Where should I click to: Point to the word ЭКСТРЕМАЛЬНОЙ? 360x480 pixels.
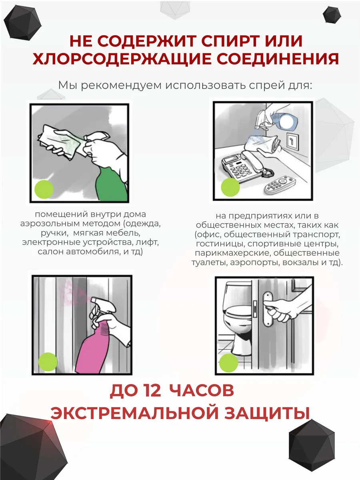pos(134,413)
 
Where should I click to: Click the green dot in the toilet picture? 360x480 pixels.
pos(229,363)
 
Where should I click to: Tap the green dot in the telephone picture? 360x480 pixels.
pos(230,187)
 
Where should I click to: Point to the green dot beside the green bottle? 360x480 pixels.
pos(44,189)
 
